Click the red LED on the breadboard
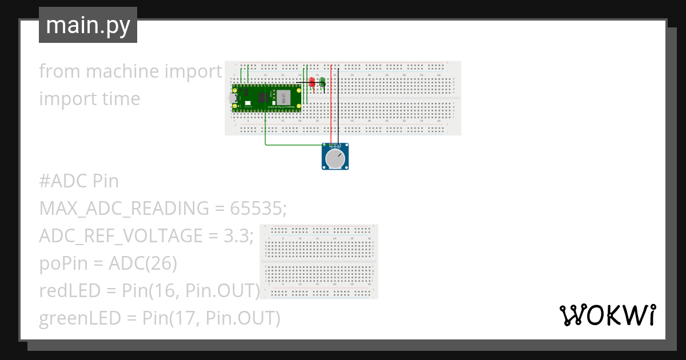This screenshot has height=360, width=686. click(x=312, y=83)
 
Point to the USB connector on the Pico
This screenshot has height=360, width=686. click(x=234, y=98)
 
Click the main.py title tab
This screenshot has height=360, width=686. click(x=88, y=25)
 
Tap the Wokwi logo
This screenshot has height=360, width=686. click(x=607, y=315)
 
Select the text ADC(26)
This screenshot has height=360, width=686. click(x=143, y=263)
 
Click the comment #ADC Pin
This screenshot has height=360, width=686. click(x=79, y=181)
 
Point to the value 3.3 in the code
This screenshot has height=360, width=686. click(x=237, y=236)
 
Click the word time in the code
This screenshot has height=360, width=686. click(x=119, y=99)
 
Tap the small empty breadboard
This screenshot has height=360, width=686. click(x=319, y=262)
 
